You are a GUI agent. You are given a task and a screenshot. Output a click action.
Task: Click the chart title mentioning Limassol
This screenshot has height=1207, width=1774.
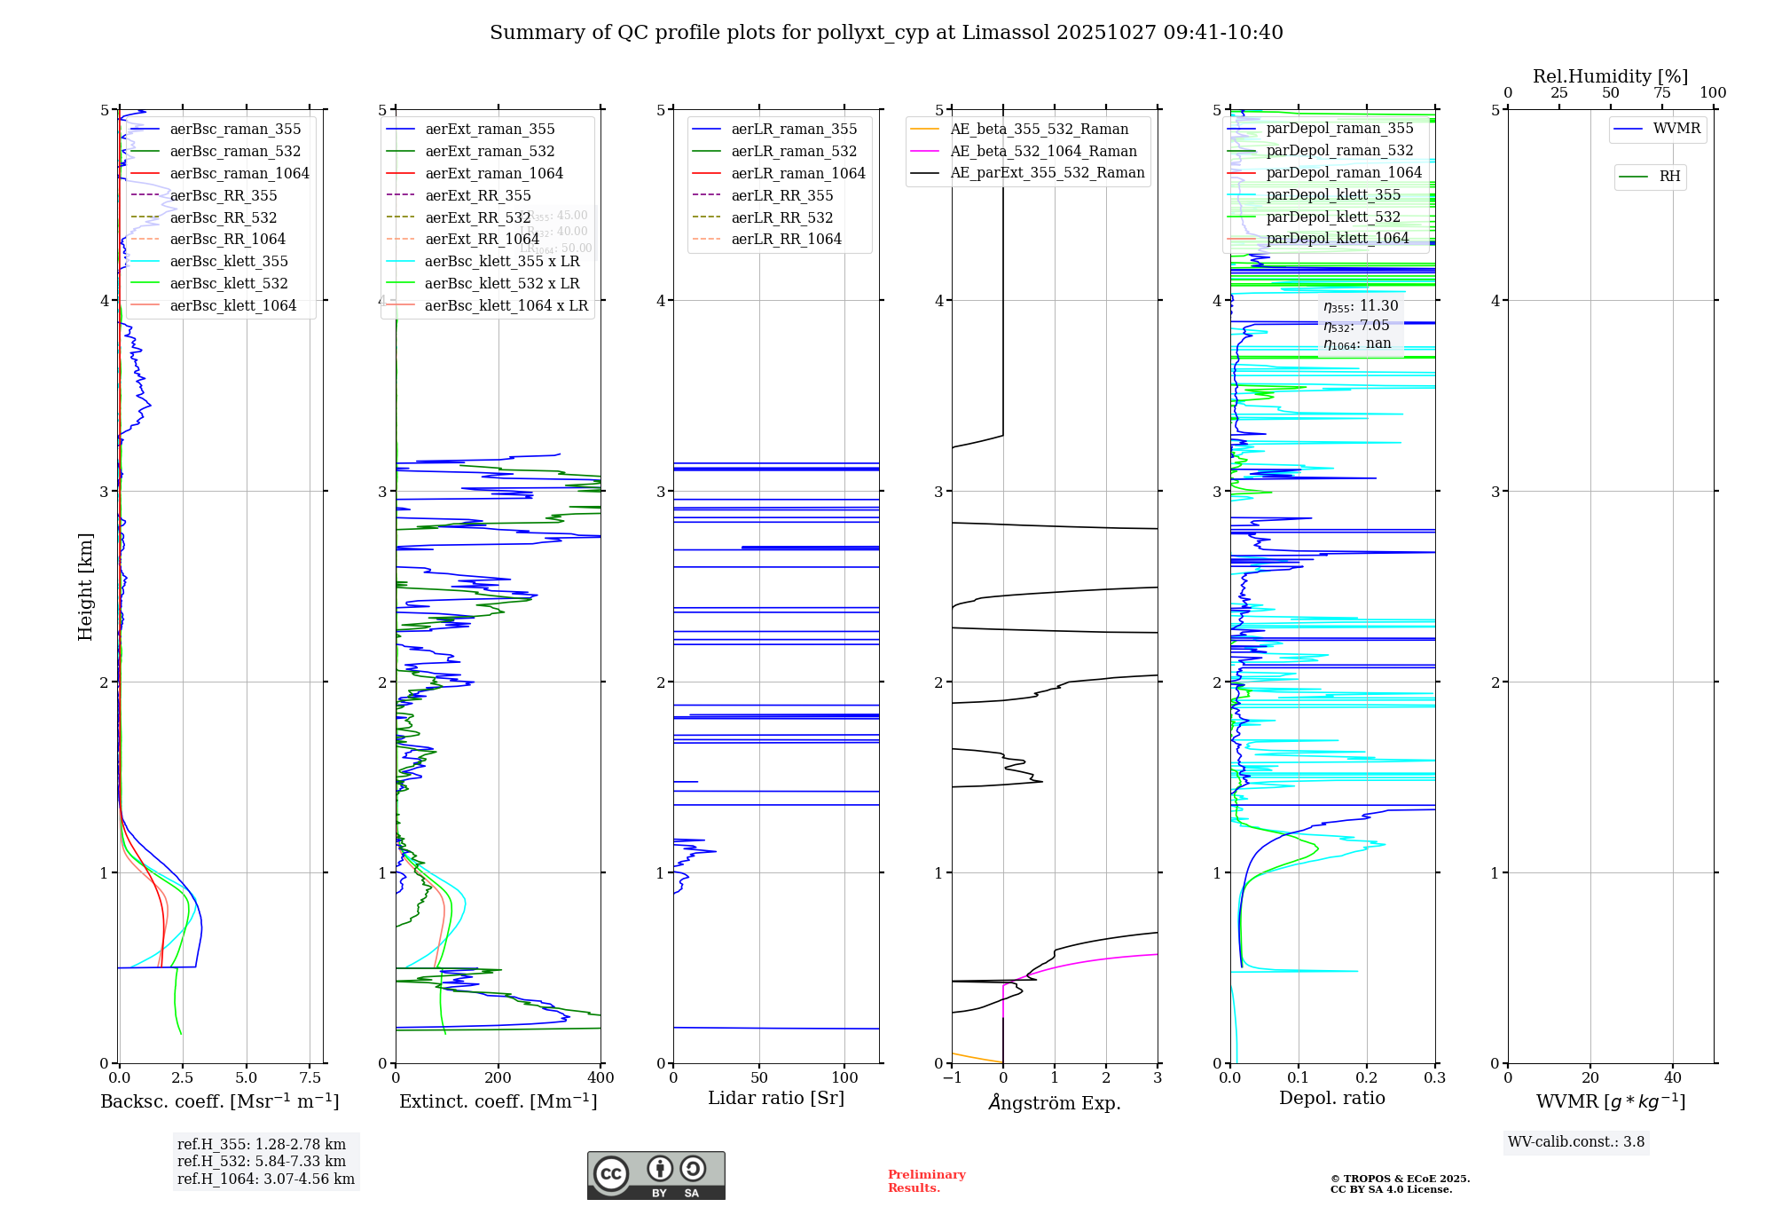[x=886, y=33]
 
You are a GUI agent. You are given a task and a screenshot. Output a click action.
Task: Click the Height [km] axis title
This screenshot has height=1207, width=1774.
[x=85, y=587]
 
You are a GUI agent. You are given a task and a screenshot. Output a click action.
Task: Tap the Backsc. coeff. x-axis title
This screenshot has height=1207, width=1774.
[x=220, y=1101]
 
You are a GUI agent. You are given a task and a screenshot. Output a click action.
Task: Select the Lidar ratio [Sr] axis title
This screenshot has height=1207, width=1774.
[x=776, y=1098]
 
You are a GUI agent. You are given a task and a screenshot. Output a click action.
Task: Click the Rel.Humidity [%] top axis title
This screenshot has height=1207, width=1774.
[x=1610, y=76]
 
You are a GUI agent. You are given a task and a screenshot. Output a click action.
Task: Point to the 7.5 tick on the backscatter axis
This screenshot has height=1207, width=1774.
[x=310, y=1078]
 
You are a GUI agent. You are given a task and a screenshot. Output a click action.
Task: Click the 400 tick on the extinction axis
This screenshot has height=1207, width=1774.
[x=600, y=1078]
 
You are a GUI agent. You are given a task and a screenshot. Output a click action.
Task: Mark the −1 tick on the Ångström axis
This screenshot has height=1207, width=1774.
[x=952, y=1078]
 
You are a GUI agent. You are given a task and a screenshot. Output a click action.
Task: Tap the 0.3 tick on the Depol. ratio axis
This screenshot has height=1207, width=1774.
[x=1434, y=1078]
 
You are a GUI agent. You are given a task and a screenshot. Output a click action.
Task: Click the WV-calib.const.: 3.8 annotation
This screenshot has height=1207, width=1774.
[x=1576, y=1142]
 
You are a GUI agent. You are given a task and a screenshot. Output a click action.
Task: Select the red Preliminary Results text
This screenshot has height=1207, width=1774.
[x=926, y=1181]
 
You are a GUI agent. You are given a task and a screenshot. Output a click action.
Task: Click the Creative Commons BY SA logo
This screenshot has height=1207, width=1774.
[x=655, y=1175]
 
